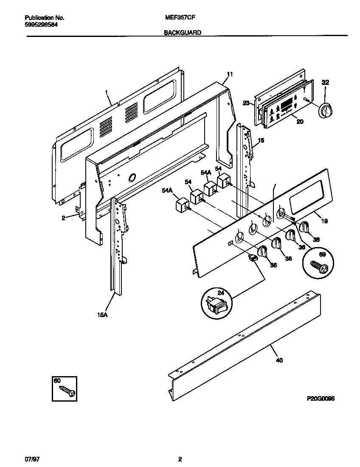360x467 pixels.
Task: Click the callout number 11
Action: (230, 74)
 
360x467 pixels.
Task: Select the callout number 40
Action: (279, 360)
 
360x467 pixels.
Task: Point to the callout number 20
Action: (300, 121)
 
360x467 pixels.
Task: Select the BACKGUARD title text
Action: (183, 32)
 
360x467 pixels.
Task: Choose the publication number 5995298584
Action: (41, 25)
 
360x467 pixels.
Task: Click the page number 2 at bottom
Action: (180, 459)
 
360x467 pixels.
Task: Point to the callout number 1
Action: (106, 92)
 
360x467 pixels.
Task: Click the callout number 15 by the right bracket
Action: (261, 140)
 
